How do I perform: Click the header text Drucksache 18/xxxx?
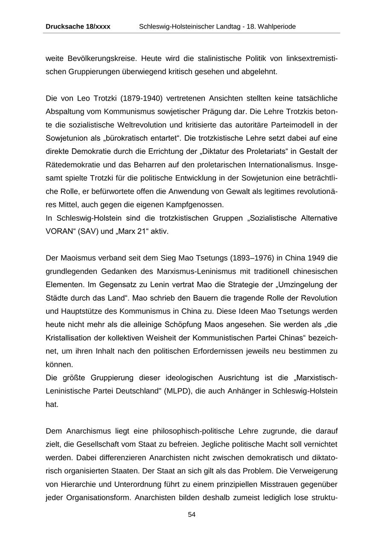[x=78, y=26]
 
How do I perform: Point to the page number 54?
[x=192, y=515]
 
